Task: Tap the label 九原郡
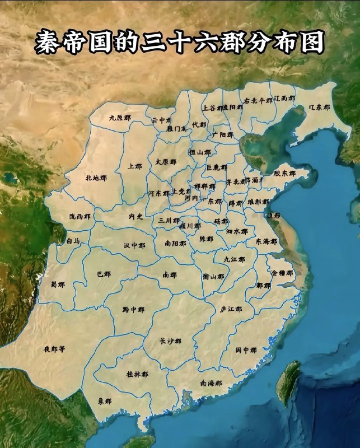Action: pyautogui.click(x=120, y=118)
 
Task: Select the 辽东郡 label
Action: pyautogui.click(x=319, y=107)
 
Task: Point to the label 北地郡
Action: pyautogui.click(x=96, y=178)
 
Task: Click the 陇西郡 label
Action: pyautogui.click(x=80, y=216)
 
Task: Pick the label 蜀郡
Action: pyautogui.click(x=57, y=284)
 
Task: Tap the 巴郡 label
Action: pyautogui.click(x=104, y=274)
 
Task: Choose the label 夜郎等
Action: pyautogui.click(x=54, y=349)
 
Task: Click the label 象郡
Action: pyautogui.click(x=105, y=402)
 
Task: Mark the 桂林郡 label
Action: pyautogui.click(x=137, y=374)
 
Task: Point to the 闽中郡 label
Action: pyautogui.click(x=245, y=350)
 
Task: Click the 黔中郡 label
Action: pyautogui.click(x=133, y=309)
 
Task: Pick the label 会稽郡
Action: pyautogui.click(x=282, y=273)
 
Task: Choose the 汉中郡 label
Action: pyautogui.click(x=134, y=246)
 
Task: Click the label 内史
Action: pyautogui.click(x=136, y=216)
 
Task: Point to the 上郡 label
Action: pyautogui.click(x=135, y=166)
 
